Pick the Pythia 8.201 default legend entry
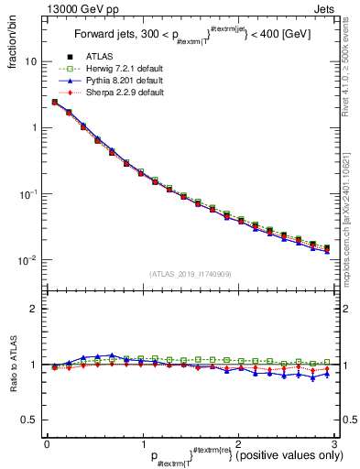(x=127, y=82)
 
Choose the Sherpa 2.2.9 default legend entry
(x=127, y=93)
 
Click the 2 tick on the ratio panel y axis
(x=32, y=309)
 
